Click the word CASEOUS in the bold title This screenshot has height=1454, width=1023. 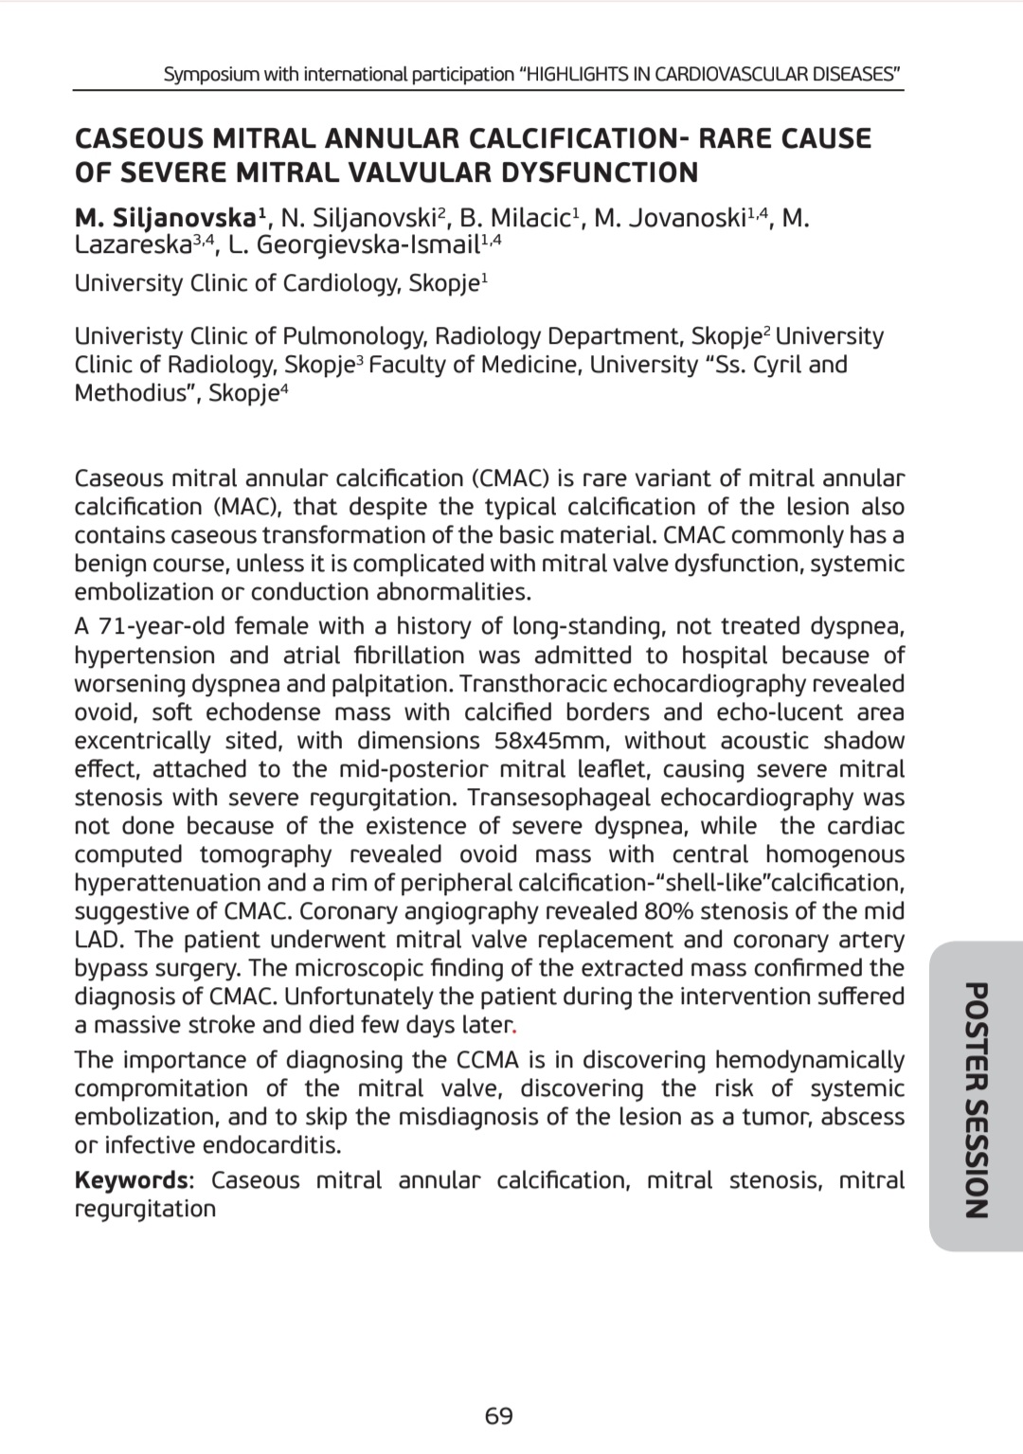[138, 138]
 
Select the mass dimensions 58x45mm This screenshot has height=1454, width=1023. [551, 740]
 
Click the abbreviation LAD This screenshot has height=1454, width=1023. [98, 939]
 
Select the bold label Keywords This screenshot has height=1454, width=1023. [132, 1180]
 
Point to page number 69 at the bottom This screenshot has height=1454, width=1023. [498, 1416]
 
